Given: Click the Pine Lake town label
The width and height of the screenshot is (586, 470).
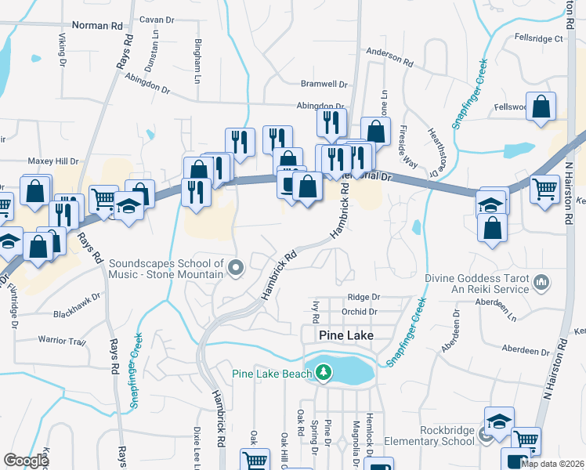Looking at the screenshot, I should click(x=345, y=335).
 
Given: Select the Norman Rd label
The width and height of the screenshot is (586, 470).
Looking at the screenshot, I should click(x=97, y=25).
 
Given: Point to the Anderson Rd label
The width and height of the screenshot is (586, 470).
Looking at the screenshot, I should click(x=389, y=56).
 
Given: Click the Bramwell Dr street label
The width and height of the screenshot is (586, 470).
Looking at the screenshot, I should click(x=324, y=84).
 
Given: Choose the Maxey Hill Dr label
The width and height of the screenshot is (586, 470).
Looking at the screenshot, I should click(x=54, y=161).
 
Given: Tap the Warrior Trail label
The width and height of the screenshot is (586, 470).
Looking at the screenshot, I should click(x=61, y=341).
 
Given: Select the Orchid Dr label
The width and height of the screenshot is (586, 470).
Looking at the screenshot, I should click(x=360, y=312).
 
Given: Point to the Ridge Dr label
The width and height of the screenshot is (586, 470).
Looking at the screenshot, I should click(x=364, y=298).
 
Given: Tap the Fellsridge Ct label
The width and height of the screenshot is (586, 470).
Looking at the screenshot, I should click(x=539, y=38).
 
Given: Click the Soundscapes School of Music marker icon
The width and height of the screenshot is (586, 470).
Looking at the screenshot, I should click(x=235, y=270).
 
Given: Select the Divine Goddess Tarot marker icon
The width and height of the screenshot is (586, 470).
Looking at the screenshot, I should click(x=540, y=281).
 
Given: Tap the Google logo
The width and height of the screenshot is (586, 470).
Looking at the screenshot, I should click(x=26, y=461).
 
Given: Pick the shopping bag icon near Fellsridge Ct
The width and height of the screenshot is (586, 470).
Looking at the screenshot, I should click(x=541, y=107).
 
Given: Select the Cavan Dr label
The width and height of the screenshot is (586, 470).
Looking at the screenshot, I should click(x=155, y=19).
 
